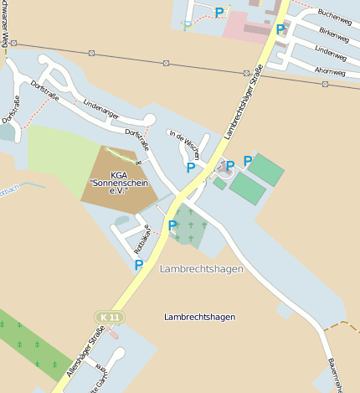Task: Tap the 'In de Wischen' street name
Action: pyautogui.click(x=184, y=143)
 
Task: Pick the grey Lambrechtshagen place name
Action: pyautogui.click(x=200, y=269)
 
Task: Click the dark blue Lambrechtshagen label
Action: pyautogui.click(x=199, y=317)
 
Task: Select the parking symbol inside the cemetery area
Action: pyautogui.click(x=172, y=225)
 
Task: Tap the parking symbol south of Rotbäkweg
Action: pyautogui.click(x=139, y=265)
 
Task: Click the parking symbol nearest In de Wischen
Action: pyautogui.click(x=191, y=168)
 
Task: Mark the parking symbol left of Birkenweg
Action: pyautogui.click(x=280, y=29)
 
